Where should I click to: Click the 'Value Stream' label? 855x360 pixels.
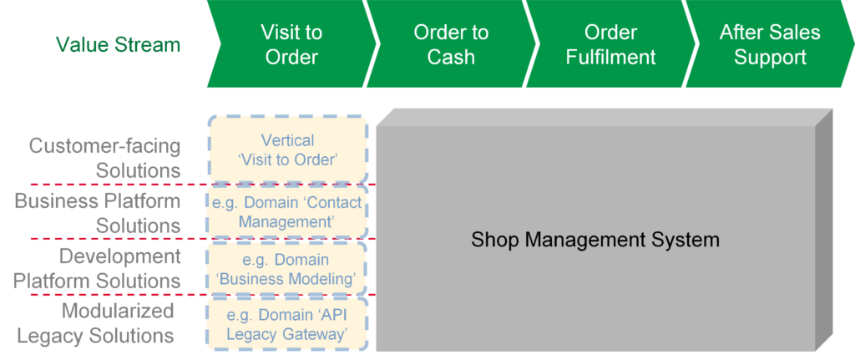pyautogui.click(x=119, y=45)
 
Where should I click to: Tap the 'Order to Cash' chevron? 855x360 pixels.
pyautogui.click(x=451, y=43)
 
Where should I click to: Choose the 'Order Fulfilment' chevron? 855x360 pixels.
pyautogui.click(x=610, y=43)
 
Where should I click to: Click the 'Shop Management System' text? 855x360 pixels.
pyautogui.click(x=595, y=240)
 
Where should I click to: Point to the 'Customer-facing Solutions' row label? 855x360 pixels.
pyautogui.click(x=104, y=158)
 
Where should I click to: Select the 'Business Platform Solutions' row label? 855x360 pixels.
pyautogui.click(x=98, y=213)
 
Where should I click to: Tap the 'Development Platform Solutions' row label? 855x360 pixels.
pyautogui.click(x=97, y=268)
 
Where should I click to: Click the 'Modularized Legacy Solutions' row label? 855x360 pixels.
pyautogui.click(x=96, y=323)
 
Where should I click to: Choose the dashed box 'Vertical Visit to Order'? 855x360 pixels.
pyautogui.click(x=287, y=150)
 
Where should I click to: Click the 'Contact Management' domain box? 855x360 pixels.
pyautogui.click(x=287, y=212)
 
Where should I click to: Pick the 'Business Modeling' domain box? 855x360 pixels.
pyautogui.click(x=287, y=268)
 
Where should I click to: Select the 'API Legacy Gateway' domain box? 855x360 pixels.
pyautogui.click(x=287, y=324)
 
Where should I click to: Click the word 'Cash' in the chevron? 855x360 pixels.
pyautogui.click(x=451, y=57)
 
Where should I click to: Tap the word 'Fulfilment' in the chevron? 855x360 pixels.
pyautogui.click(x=610, y=57)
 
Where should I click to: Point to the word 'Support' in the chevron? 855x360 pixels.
pyautogui.click(x=770, y=58)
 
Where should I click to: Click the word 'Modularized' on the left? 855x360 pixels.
pyautogui.click(x=118, y=311)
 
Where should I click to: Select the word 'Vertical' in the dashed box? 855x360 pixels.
pyautogui.click(x=287, y=140)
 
